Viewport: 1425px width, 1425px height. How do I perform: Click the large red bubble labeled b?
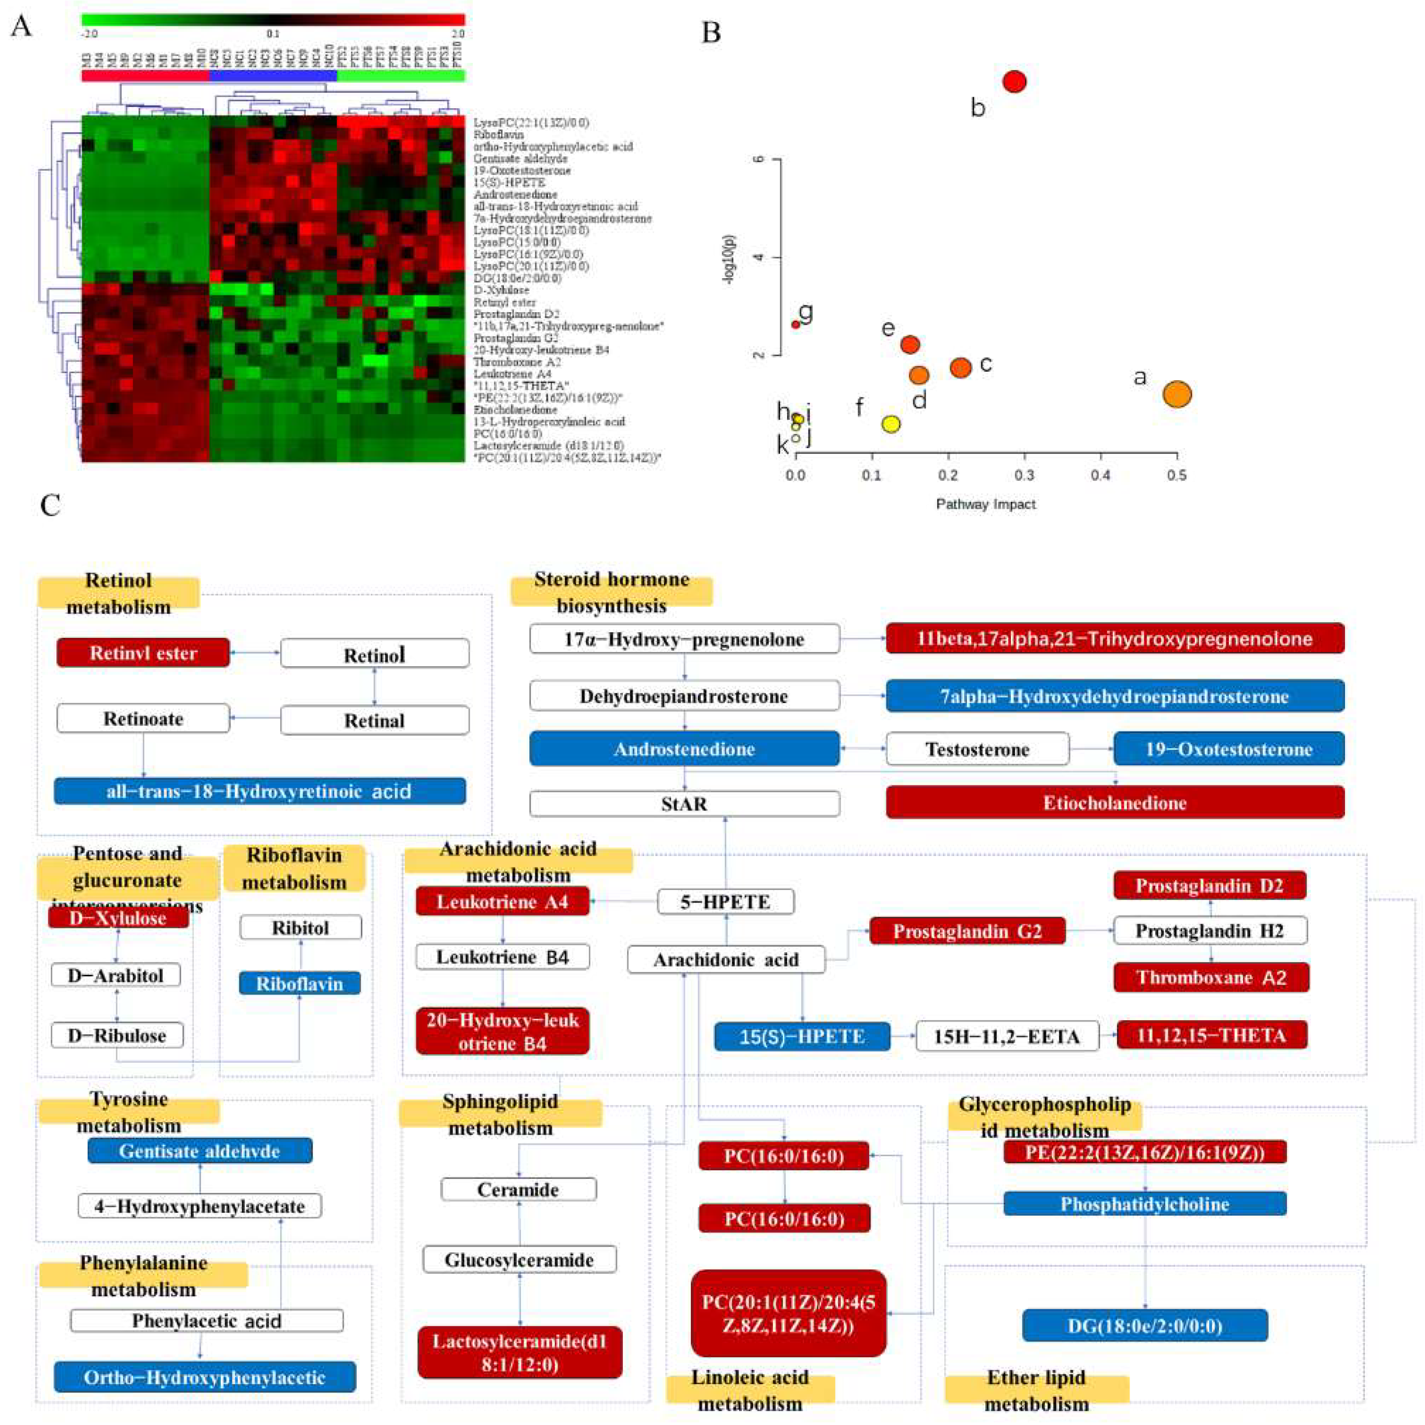pos(1015,81)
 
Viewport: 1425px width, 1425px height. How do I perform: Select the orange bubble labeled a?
pos(1177,394)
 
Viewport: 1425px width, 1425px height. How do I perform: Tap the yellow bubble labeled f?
pos(891,424)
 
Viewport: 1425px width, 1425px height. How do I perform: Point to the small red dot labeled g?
pos(795,324)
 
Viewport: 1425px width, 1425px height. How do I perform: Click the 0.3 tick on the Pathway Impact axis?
pos(1024,476)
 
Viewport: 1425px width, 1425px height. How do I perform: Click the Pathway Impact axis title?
pos(985,505)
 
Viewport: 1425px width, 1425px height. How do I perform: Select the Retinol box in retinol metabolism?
pos(375,654)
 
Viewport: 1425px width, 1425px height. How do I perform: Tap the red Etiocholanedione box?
pos(1114,803)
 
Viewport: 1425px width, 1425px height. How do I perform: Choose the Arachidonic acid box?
pos(726,960)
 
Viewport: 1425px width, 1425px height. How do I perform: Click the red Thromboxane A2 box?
pos(1211,977)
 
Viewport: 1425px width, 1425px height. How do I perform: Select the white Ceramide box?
pos(519,1190)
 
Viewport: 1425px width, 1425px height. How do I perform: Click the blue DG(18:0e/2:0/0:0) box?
pos(1145,1326)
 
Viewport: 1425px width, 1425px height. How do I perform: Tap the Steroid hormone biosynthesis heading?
pos(611,592)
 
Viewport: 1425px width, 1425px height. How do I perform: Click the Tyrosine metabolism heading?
pos(129,1112)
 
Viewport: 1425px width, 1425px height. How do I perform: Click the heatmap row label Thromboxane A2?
pos(517,362)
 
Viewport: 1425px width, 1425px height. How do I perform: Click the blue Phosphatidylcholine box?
pos(1145,1204)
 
